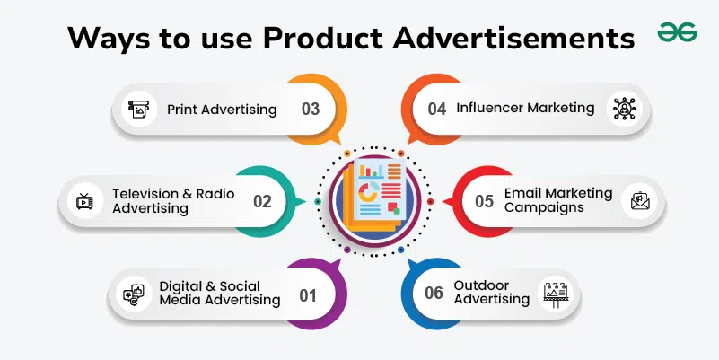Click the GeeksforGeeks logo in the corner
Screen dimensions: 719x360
678,32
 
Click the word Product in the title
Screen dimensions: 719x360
323,38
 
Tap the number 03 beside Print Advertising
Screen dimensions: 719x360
311,109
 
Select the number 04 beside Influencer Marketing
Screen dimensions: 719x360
436,109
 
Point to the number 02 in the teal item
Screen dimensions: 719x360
262,201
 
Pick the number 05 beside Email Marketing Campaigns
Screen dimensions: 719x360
484,201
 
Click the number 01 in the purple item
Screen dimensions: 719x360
308,295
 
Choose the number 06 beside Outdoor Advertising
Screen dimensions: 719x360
434,293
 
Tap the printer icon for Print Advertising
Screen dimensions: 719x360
139,110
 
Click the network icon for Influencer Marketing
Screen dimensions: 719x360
624,109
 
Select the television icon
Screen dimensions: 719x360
85,201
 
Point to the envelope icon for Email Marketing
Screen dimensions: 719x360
640,201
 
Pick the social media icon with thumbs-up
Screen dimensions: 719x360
134,294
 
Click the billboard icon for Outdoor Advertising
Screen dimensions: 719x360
556,294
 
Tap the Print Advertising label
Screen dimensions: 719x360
222,110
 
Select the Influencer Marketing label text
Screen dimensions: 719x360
525,109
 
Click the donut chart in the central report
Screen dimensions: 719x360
368,193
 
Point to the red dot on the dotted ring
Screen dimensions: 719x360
430,201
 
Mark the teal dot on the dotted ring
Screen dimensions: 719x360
318,201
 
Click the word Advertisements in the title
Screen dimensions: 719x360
513,38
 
